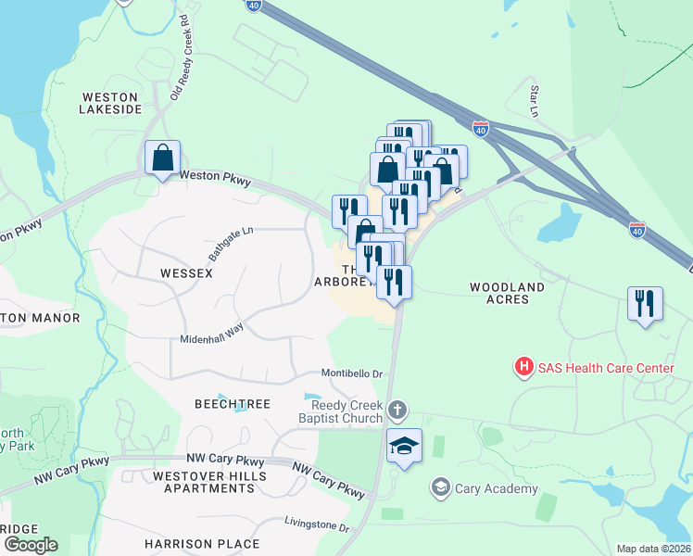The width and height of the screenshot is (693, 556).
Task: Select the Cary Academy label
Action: (x=496, y=488)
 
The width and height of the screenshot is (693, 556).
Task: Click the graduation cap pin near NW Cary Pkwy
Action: (x=404, y=447)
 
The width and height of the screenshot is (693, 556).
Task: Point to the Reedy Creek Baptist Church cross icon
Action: (x=397, y=410)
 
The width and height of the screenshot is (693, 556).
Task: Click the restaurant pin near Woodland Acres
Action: (x=645, y=303)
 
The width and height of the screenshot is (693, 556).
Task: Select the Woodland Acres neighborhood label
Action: (x=512, y=293)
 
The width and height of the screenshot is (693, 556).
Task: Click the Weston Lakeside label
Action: (x=111, y=102)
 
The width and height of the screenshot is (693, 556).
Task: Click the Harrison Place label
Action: (x=202, y=543)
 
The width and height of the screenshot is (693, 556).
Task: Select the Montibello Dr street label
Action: (x=352, y=373)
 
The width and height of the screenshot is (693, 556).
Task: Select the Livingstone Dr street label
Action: (x=317, y=525)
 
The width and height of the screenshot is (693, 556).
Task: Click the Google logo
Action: (x=30, y=544)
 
